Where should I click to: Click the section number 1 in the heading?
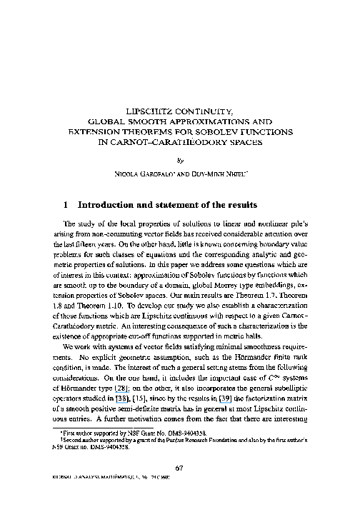[x=65, y=204]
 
